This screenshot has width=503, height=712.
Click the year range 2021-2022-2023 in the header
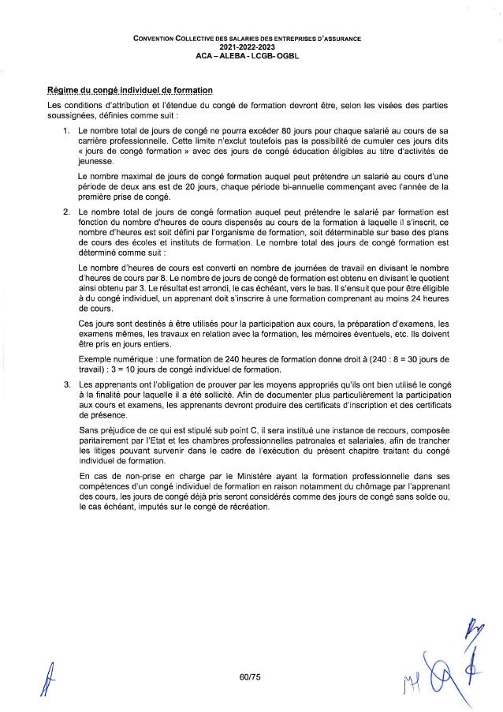pos(251,46)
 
